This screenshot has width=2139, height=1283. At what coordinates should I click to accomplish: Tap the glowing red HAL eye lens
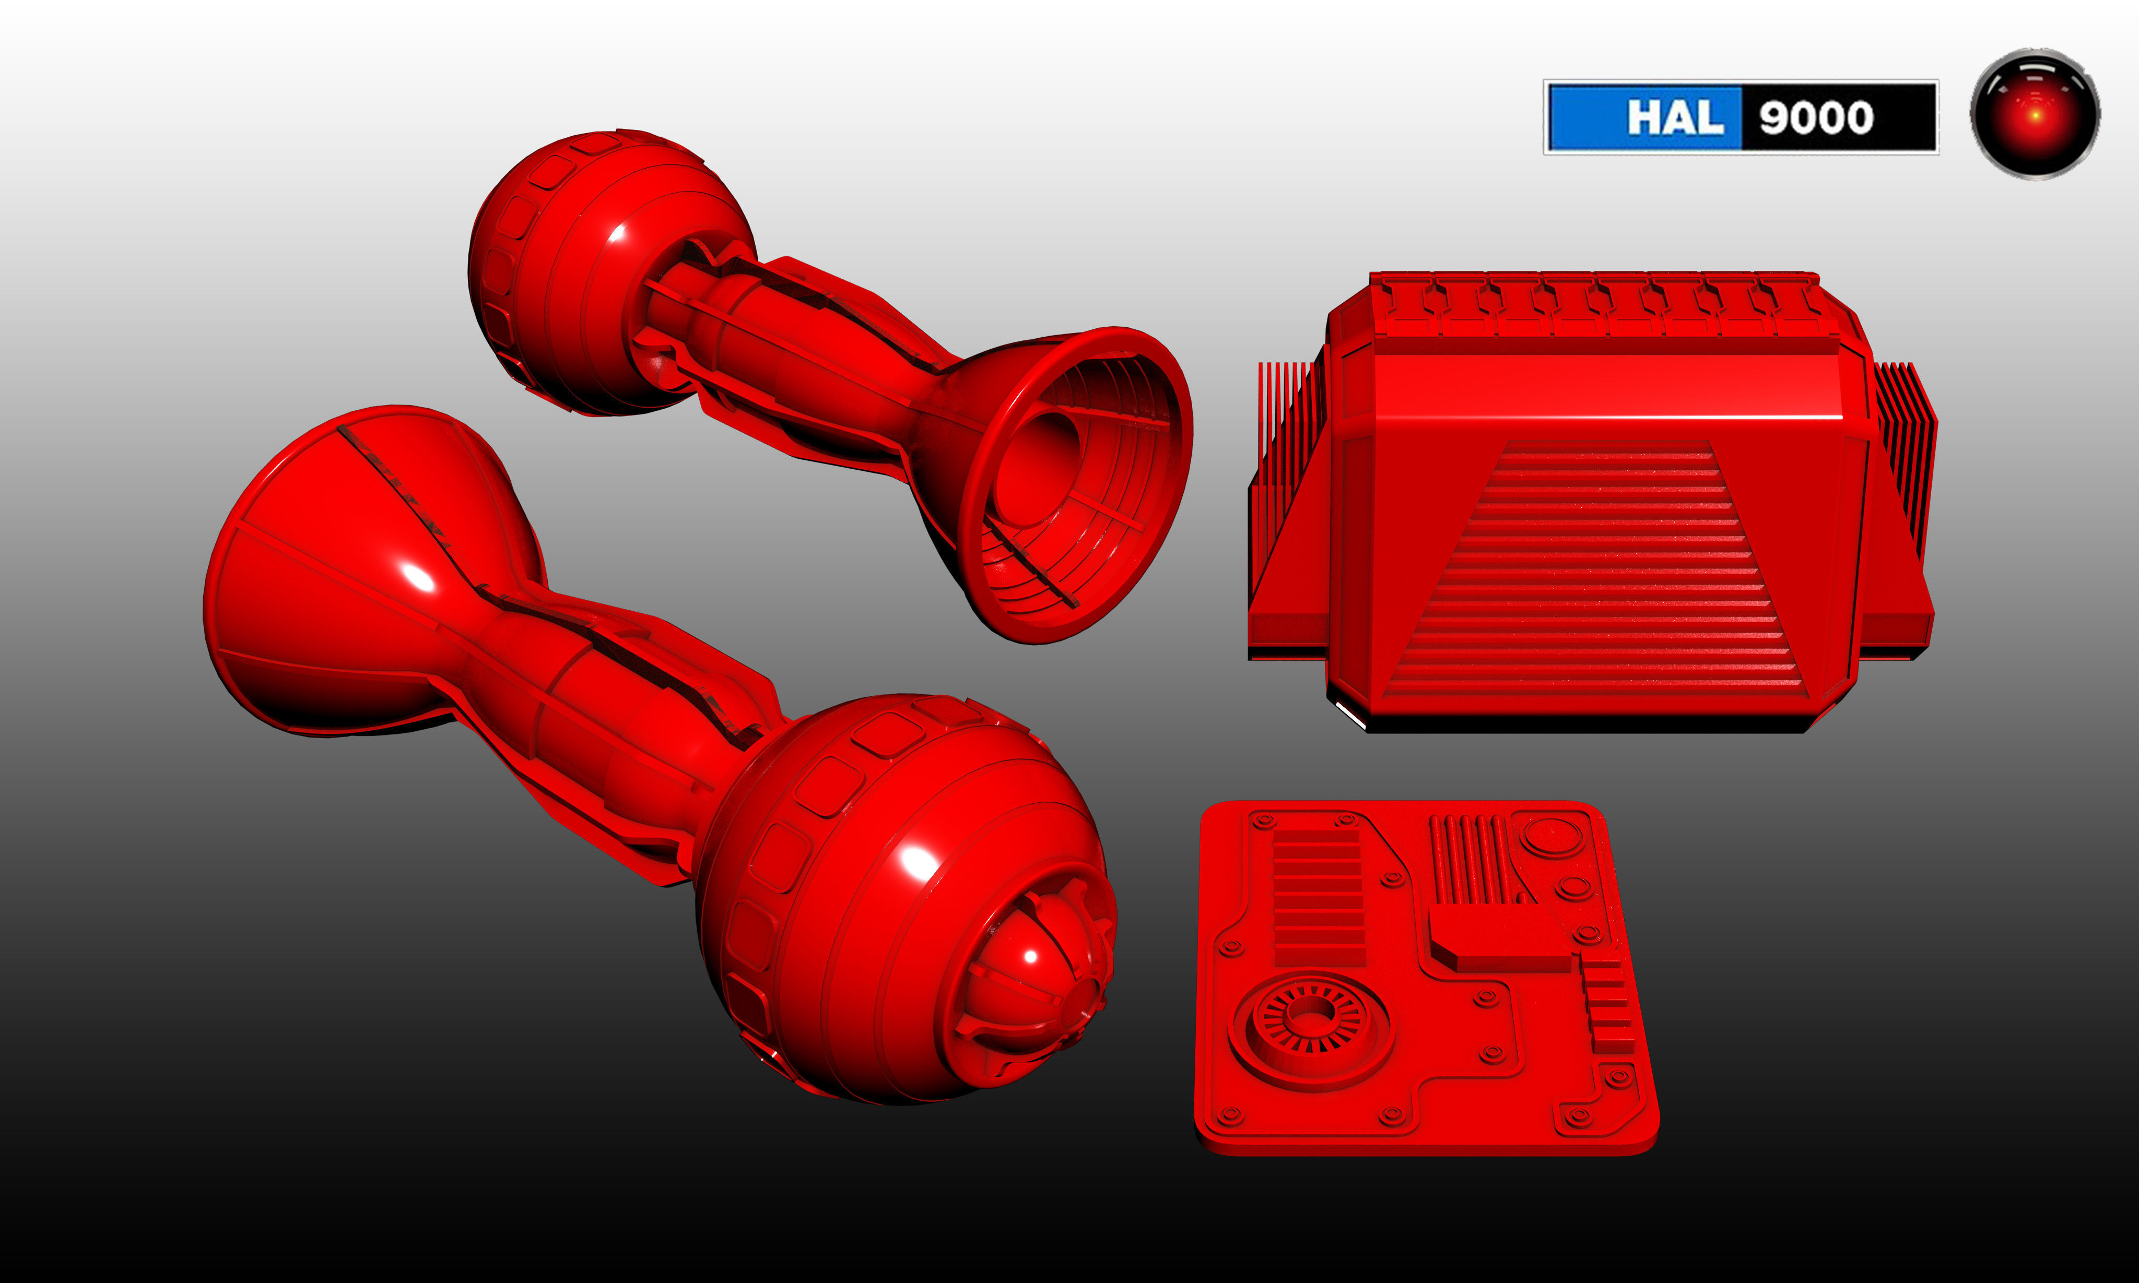2035,114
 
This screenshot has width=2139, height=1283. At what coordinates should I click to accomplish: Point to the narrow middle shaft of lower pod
605,692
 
